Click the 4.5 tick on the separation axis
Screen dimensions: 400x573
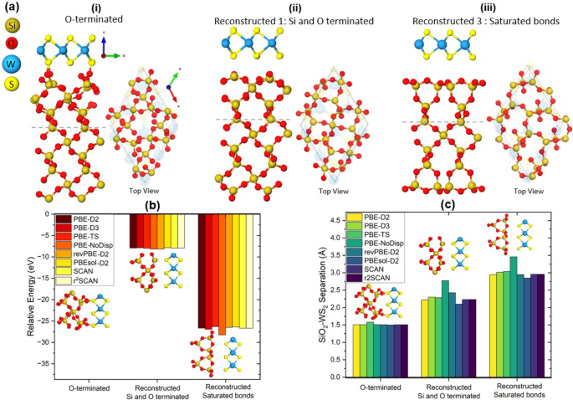pos(340,221)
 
